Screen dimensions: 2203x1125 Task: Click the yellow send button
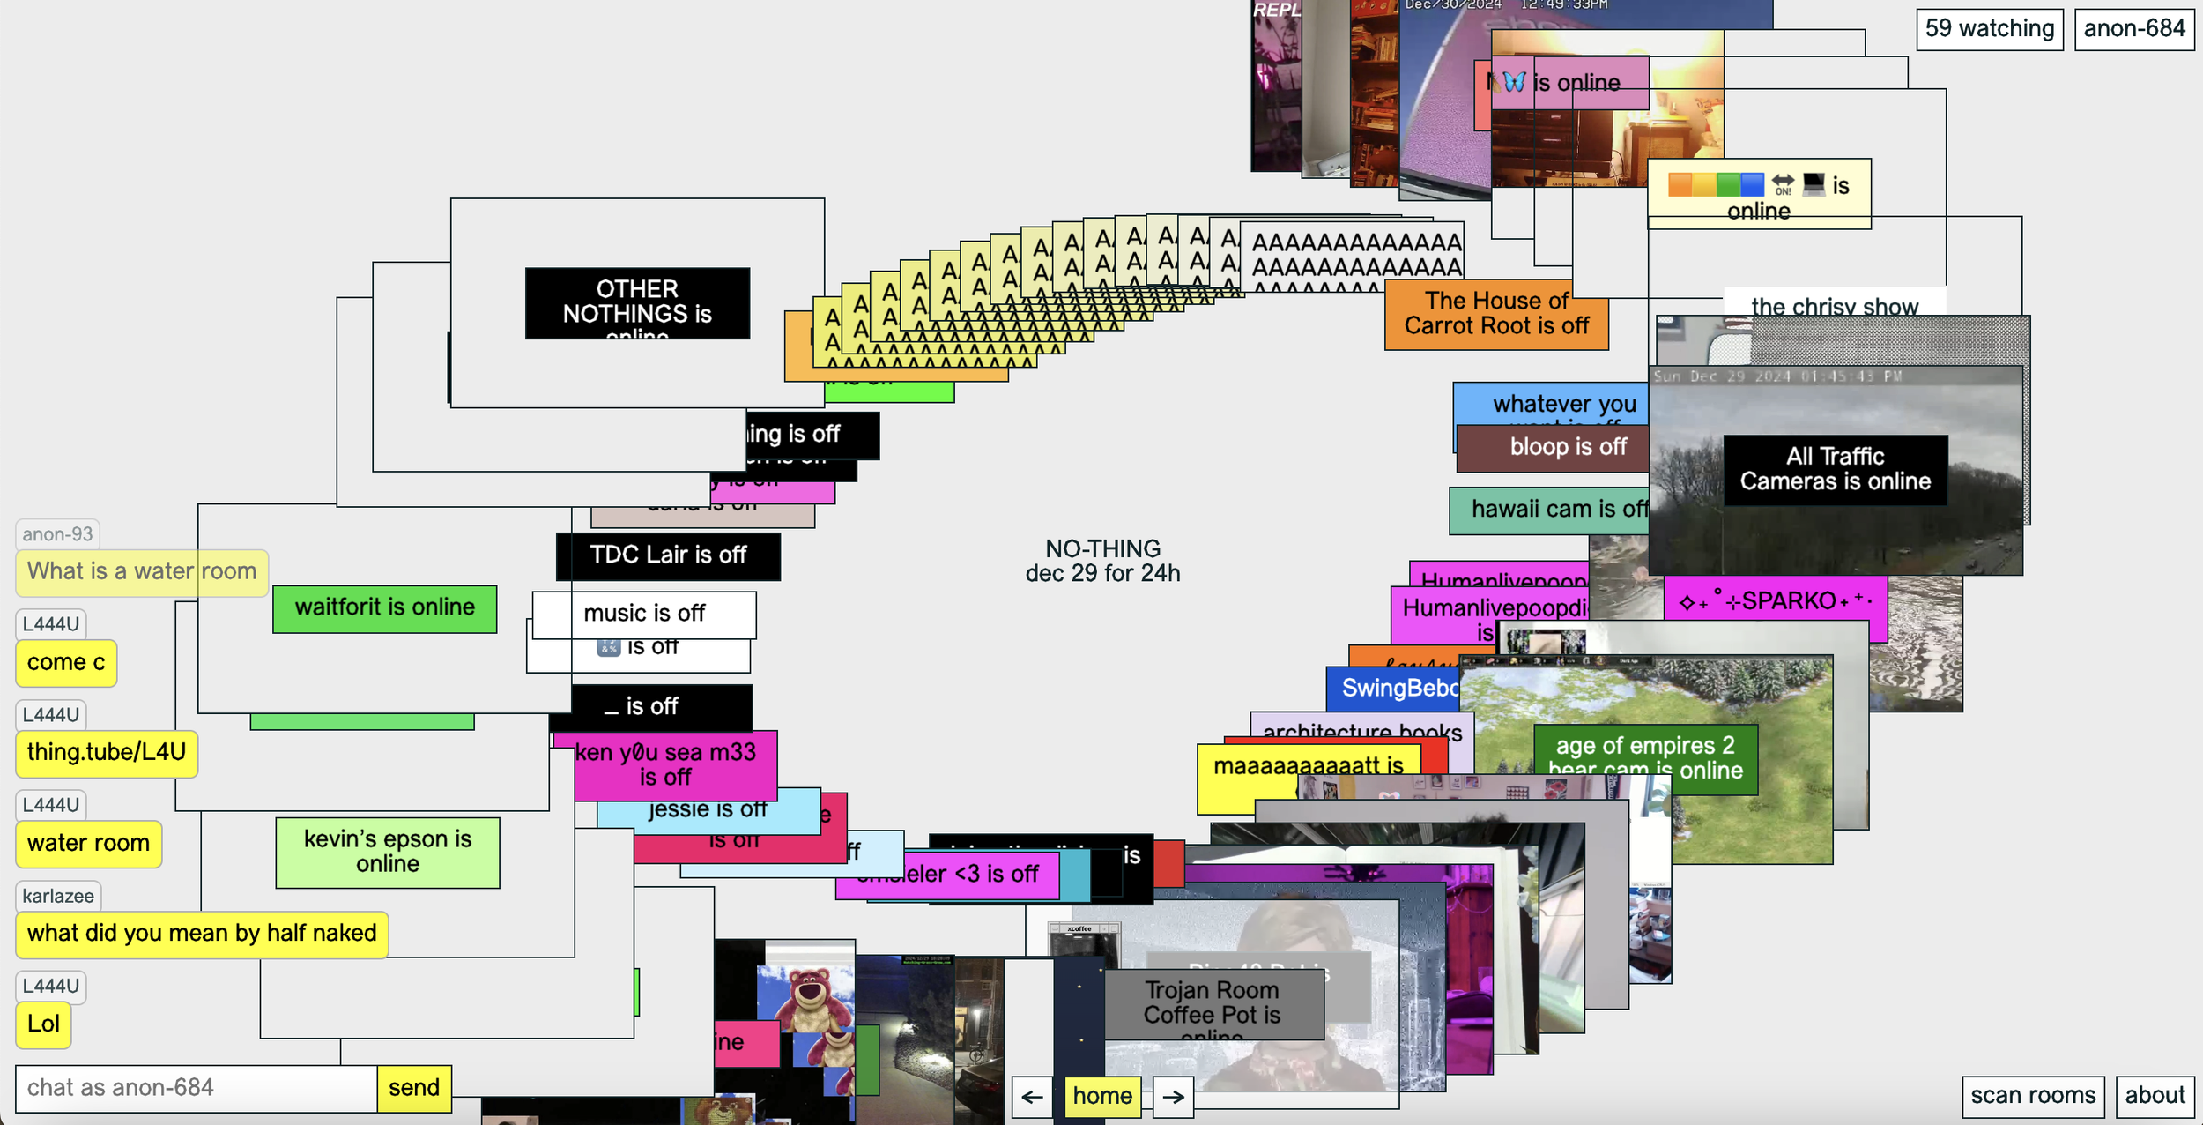tap(413, 1088)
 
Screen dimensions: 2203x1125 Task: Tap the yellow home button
tap(1101, 1096)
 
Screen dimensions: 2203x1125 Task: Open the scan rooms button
tap(2032, 1095)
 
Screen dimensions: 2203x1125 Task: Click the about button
tap(2154, 1095)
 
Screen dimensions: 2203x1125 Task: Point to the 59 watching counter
tap(1989, 29)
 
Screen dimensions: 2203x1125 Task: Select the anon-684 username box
tap(2133, 29)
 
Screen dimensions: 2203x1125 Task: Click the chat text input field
tap(196, 1088)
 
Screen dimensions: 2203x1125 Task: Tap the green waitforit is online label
tap(384, 607)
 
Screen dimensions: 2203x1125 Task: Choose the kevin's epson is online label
tap(387, 852)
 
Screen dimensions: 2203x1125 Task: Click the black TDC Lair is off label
tap(667, 555)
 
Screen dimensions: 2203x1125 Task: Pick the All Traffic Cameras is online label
tap(1835, 469)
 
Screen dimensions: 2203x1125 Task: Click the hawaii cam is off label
tap(1548, 510)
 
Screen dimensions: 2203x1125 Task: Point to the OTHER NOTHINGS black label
tap(636, 302)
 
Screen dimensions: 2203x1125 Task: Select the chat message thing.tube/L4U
tap(106, 752)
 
